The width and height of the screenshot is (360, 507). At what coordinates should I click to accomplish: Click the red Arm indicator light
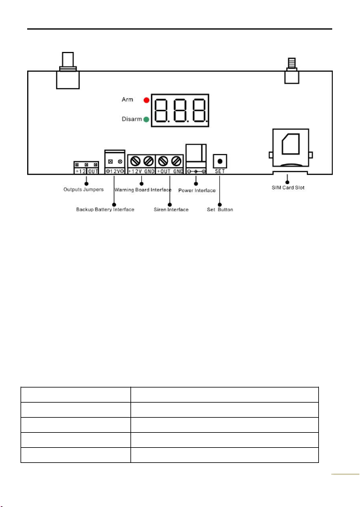147,100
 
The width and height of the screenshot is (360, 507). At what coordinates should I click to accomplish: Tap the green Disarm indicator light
146,120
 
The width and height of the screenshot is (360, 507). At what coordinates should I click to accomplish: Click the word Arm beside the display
127,100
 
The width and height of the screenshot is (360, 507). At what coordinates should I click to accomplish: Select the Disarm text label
132,119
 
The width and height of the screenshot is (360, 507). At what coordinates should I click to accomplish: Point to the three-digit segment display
180,110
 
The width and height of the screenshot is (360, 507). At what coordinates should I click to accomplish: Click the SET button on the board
220,161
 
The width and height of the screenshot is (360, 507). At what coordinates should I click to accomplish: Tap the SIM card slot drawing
291,148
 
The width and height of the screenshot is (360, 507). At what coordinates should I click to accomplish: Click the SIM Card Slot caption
288,188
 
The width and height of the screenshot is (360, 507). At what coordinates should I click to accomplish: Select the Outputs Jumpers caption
83,190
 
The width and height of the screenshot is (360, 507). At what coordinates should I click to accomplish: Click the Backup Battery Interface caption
105,209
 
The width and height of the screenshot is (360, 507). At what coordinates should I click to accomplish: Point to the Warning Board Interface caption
143,190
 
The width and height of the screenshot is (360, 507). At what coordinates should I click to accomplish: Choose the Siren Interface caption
171,209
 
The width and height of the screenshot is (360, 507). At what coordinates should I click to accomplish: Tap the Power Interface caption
197,191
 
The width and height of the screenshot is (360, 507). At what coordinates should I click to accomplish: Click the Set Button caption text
220,209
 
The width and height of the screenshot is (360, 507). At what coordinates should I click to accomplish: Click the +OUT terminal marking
164,171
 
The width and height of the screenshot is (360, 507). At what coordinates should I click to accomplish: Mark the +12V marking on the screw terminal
135,171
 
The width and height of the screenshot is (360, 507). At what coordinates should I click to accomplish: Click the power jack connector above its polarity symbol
196,155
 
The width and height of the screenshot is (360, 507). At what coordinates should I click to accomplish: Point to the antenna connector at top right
292,71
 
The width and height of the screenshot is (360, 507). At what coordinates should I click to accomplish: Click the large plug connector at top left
68,71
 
